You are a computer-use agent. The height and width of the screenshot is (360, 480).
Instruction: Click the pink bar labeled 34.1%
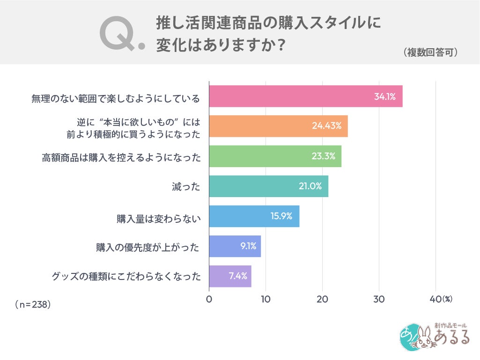coord(305,96)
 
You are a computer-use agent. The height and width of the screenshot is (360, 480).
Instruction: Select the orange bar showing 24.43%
coord(278,126)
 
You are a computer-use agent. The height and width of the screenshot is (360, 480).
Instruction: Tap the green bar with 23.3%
coord(275,156)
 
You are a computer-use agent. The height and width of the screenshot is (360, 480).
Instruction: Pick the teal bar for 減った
coord(268,186)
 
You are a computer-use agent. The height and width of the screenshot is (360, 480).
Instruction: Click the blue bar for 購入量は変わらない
coord(254,216)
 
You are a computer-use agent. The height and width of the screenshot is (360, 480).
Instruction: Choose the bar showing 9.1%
coord(235,246)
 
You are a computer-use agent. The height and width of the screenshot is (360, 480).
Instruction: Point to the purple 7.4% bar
coord(230,276)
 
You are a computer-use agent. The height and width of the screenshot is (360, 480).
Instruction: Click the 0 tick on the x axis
coord(209,299)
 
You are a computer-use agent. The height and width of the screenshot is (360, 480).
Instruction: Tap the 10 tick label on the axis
coord(266,299)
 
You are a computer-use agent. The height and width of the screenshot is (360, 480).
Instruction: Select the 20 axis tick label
coord(322,299)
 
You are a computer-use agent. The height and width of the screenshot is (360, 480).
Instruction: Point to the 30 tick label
coord(379,299)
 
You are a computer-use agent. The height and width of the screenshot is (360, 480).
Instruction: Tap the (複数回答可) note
coord(430,52)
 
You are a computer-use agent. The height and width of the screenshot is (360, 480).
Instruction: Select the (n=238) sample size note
coord(33,304)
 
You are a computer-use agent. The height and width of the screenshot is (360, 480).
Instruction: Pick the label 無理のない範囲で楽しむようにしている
coord(116,98)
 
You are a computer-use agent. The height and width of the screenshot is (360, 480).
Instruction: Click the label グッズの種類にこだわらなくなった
coord(126,276)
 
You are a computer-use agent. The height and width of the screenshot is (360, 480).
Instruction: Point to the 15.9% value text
coord(281,216)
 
